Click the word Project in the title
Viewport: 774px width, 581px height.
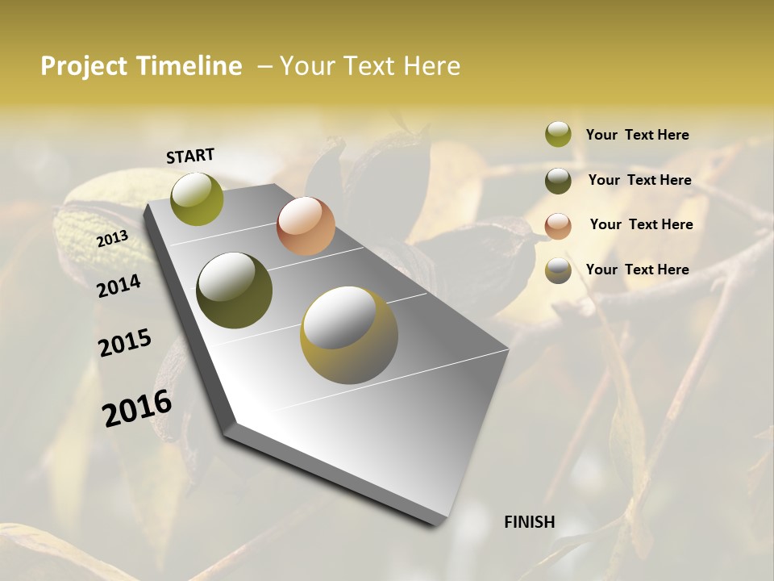click(x=85, y=66)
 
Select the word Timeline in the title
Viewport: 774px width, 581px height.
click(x=189, y=66)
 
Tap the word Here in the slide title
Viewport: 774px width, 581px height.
click(x=431, y=66)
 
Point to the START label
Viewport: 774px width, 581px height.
click(x=190, y=156)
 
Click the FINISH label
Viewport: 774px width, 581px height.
click(x=530, y=522)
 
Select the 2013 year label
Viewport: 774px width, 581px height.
click(x=112, y=239)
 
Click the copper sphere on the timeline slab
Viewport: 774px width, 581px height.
click(x=306, y=226)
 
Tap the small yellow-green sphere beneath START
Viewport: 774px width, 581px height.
click(x=197, y=199)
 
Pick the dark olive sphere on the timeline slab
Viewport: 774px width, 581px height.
click(x=235, y=290)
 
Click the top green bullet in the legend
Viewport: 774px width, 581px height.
click(x=558, y=134)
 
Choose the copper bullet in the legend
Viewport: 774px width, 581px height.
click(x=558, y=226)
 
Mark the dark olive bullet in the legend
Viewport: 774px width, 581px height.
click(x=558, y=181)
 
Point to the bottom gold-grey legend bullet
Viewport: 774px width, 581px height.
click(x=558, y=271)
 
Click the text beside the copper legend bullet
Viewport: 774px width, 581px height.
click(x=641, y=224)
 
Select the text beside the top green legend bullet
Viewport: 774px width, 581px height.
click(x=638, y=135)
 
